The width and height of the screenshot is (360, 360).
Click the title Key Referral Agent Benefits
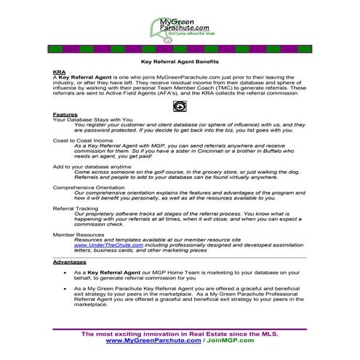[x=179, y=64]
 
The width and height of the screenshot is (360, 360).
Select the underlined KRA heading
[x=59, y=73]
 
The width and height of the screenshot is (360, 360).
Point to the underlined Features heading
[x=65, y=115]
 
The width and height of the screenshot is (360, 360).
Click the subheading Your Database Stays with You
[x=92, y=120]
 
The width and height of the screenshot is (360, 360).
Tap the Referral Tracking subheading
[x=77, y=207]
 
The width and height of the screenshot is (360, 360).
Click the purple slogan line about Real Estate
[x=180, y=332]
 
